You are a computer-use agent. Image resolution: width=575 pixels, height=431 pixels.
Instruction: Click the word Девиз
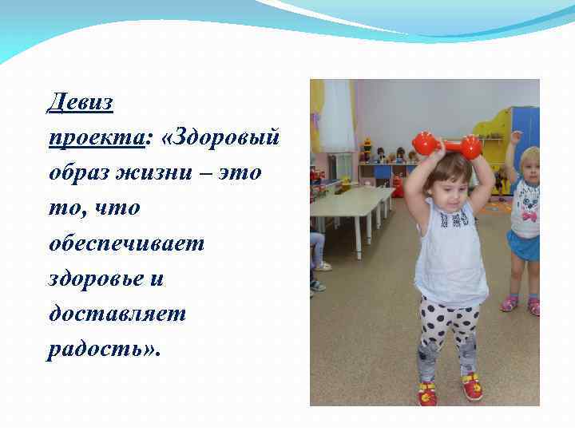[x=80, y=101]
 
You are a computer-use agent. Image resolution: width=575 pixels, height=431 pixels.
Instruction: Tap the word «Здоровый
[x=220, y=137]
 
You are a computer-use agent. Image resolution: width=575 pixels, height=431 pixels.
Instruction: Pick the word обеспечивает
[x=126, y=243]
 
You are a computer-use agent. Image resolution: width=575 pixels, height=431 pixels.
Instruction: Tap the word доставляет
[x=117, y=314]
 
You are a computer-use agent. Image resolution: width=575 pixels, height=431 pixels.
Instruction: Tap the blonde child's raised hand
[x=515, y=137]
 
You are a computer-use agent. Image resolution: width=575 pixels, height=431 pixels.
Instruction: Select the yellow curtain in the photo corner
[x=317, y=112]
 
